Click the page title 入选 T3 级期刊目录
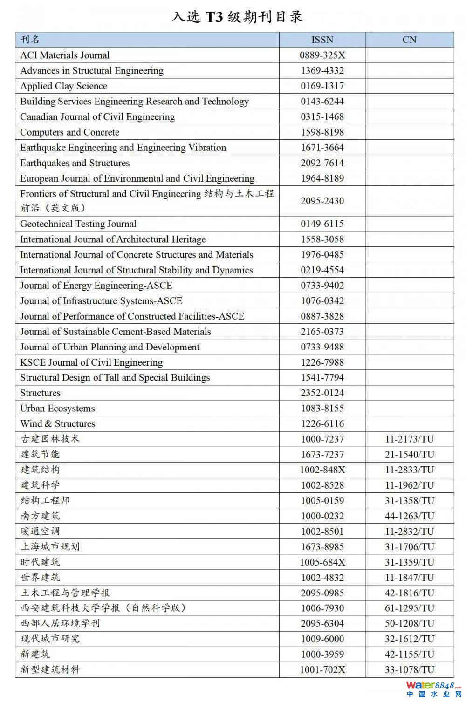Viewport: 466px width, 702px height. point(237,17)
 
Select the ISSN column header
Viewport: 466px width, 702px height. point(322,40)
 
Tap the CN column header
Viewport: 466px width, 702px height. point(409,40)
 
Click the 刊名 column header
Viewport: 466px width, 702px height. point(30,40)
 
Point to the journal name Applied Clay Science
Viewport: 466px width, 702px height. point(63,86)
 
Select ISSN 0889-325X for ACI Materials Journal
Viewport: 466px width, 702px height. point(322,55)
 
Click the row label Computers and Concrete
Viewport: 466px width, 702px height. point(69,132)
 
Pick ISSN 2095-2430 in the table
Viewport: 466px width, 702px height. point(322,201)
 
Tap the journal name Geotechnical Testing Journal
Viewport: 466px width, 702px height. point(78,224)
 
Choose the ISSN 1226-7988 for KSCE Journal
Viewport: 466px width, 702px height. point(322,362)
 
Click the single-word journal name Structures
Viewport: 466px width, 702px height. point(40,393)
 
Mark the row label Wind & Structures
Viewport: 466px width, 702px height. point(57,424)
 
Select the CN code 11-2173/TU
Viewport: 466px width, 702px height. point(409,439)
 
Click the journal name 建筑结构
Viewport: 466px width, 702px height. point(40,470)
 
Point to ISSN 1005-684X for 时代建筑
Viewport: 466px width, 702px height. point(322,562)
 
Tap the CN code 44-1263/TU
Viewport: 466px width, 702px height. point(409,516)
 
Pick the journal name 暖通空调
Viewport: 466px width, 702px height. point(40,531)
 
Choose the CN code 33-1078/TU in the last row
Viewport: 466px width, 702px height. point(409,670)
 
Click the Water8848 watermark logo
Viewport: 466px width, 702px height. point(433,689)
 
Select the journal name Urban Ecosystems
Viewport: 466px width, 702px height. point(57,409)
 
